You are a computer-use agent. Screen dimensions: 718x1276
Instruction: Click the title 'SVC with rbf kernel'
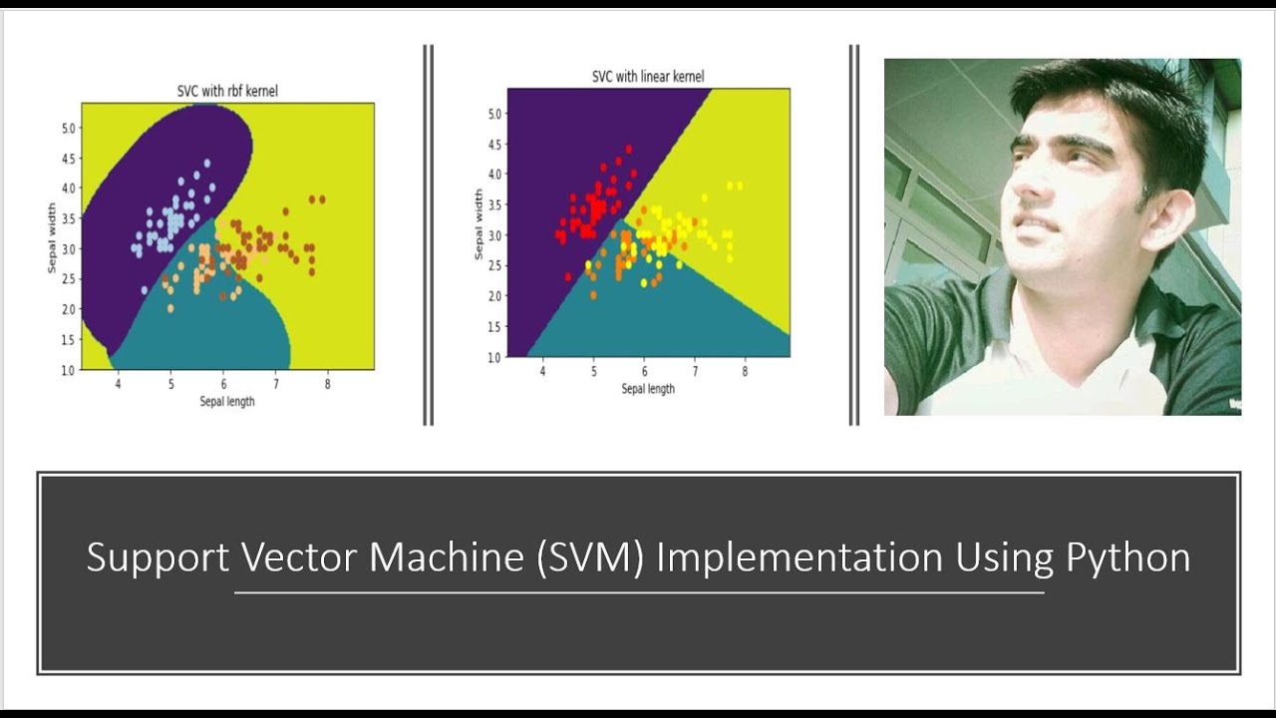click(x=227, y=92)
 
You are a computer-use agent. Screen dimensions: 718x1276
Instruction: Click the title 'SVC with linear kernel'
click(x=648, y=77)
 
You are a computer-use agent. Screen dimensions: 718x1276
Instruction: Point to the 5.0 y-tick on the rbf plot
click(x=68, y=129)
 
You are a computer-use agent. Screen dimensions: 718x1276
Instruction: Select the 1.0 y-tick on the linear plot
click(x=495, y=357)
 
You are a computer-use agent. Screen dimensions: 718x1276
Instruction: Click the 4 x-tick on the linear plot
click(x=542, y=372)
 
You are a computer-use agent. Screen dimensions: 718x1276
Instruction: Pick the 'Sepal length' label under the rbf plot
click(x=227, y=401)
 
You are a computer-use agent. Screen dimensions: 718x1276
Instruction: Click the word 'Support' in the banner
click(x=158, y=557)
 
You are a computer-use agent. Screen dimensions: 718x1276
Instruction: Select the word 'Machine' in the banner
click(x=447, y=557)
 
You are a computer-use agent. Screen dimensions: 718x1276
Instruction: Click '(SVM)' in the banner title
click(x=589, y=557)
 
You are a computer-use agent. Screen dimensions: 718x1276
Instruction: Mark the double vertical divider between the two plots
click(x=428, y=235)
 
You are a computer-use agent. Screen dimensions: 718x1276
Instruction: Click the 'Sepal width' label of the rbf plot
click(x=51, y=237)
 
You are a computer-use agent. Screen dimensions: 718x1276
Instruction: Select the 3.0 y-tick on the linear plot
click(x=495, y=235)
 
